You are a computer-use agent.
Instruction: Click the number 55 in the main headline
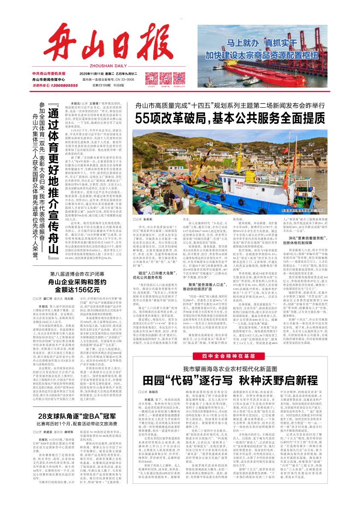[145, 118]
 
